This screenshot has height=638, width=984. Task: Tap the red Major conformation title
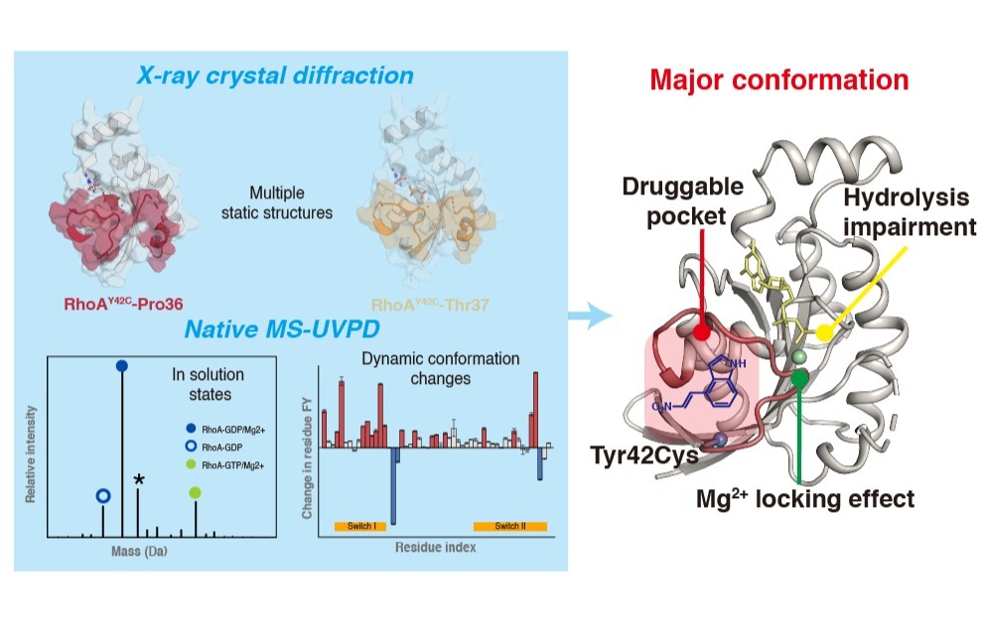click(x=778, y=79)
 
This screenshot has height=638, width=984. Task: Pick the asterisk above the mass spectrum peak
click(x=139, y=480)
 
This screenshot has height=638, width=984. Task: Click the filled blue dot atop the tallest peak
click(x=121, y=366)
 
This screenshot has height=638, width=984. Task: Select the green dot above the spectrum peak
click(x=195, y=492)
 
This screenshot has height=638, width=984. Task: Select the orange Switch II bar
click(x=510, y=525)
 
